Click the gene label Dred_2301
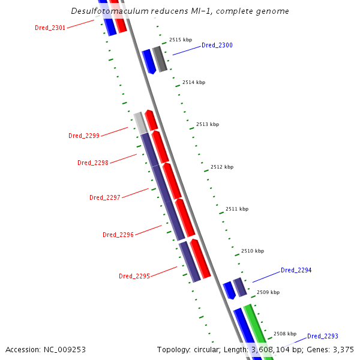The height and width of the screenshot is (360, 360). (x=50, y=28)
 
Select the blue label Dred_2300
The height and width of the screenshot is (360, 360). (x=217, y=45)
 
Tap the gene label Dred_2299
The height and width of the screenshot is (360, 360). (x=84, y=136)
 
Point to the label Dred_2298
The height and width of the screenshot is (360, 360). (x=93, y=163)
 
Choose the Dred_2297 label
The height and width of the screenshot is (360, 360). (x=105, y=197)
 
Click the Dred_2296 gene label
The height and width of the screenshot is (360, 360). (x=118, y=235)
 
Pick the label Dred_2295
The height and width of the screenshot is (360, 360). (x=134, y=276)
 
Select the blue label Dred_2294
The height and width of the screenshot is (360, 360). (x=296, y=270)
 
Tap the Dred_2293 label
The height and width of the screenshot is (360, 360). (x=323, y=336)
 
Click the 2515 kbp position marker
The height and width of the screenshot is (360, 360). (x=180, y=40)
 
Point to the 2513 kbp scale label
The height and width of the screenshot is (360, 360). (x=208, y=124)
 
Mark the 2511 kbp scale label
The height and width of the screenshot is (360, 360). (x=236, y=209)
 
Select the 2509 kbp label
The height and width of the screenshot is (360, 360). (x=268, y=292)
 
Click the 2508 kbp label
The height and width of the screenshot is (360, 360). (x=284, y=334)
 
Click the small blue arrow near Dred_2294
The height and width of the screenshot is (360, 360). (x=229, y=290)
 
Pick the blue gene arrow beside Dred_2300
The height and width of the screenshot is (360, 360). (x=148, y=61)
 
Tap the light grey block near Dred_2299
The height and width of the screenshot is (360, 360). (x=140, y=122)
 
